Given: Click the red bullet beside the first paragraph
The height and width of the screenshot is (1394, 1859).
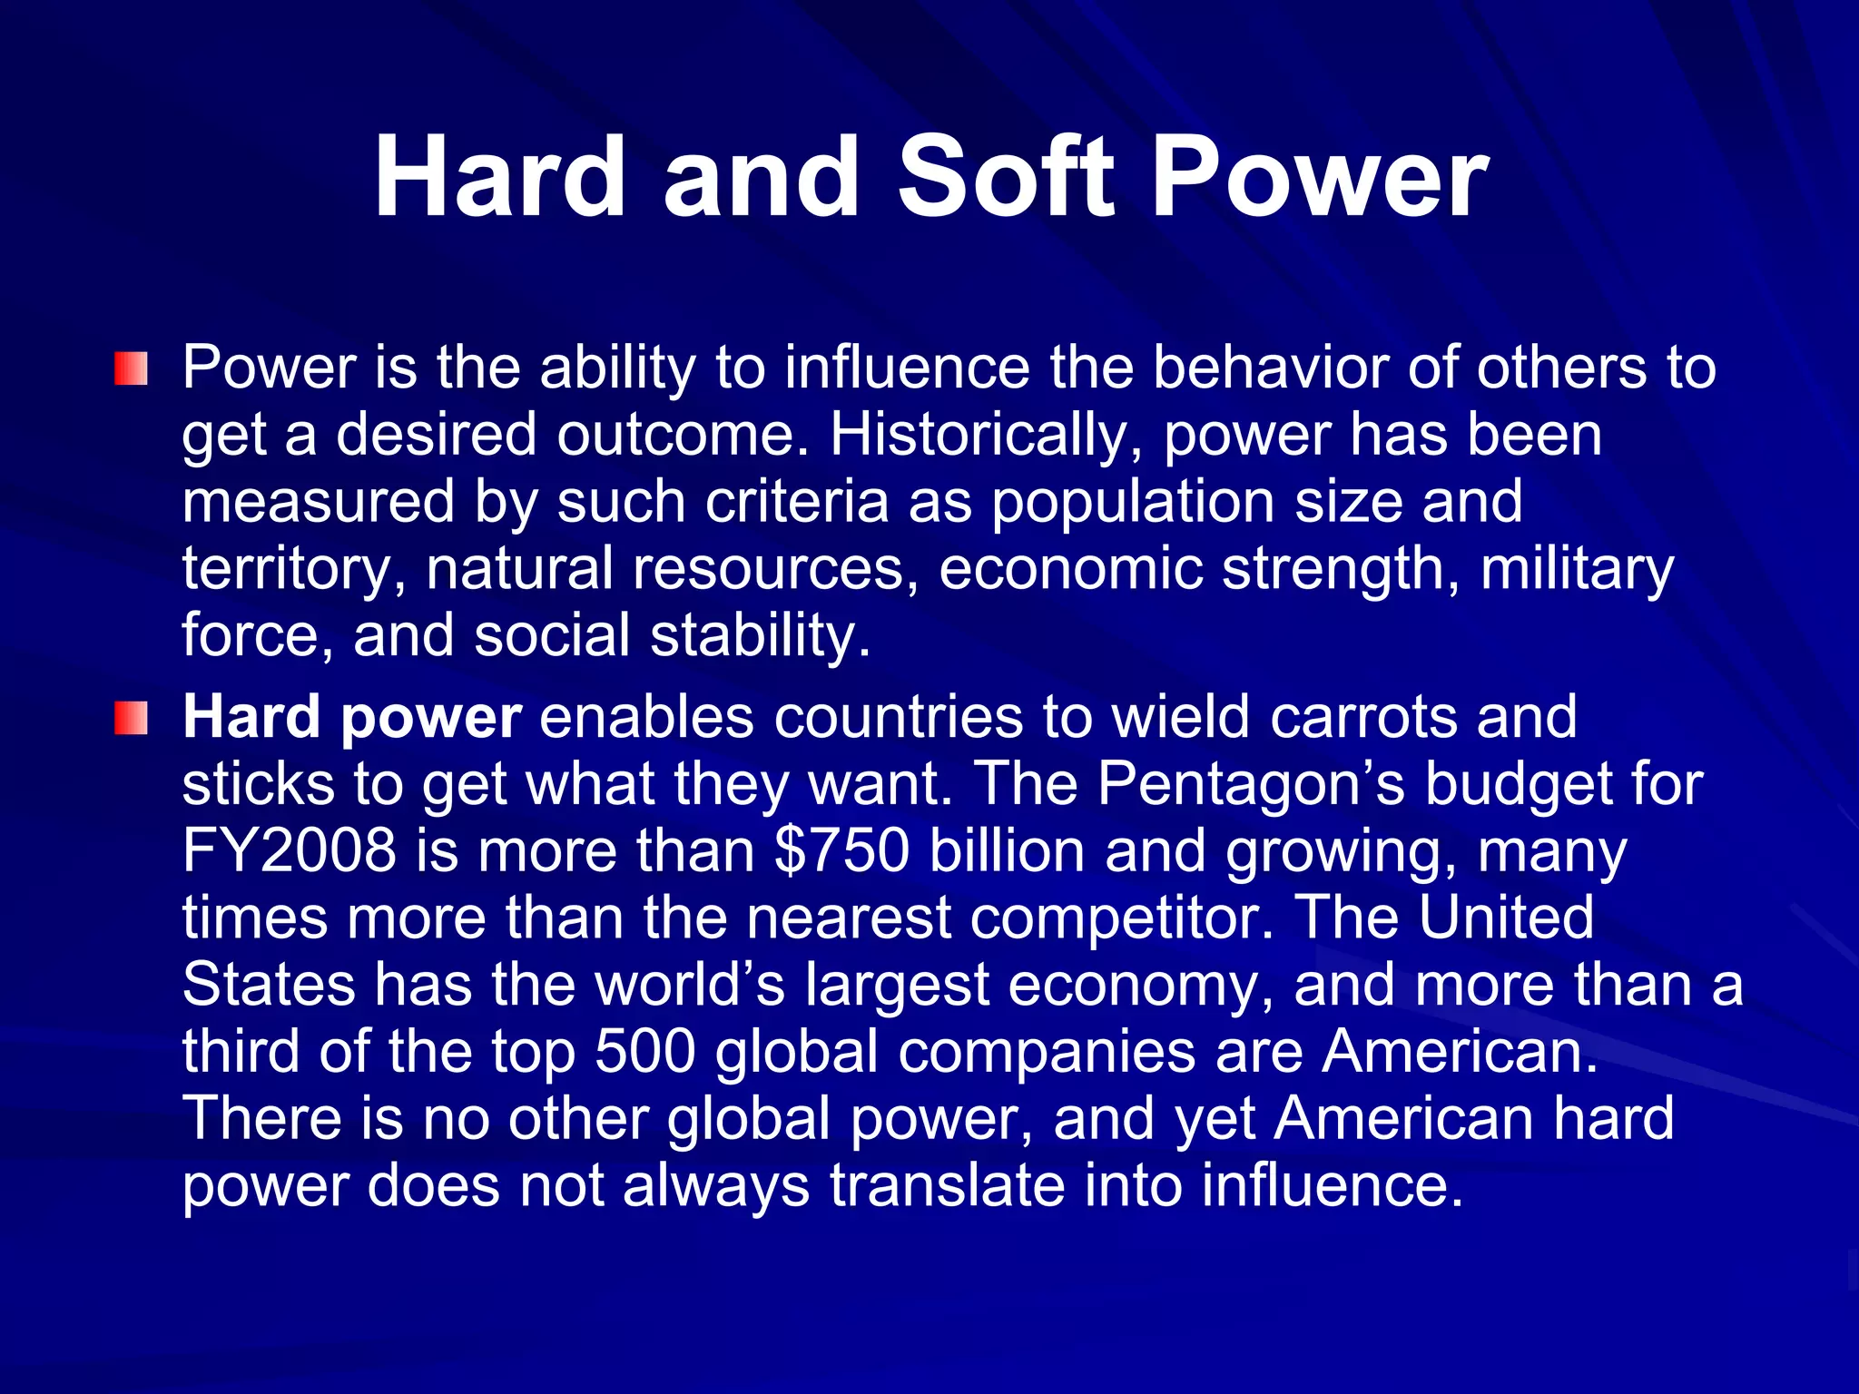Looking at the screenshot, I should pyautogui.click(x=131, y=369).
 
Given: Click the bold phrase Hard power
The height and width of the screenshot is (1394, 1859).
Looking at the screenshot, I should pyautogui.click(x=352, y=718).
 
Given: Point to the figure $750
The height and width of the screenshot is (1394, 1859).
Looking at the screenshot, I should pyautogui.click(x=841, y=851).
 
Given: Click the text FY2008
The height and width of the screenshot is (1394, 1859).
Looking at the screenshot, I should pyautogui.click(x=290, y=851).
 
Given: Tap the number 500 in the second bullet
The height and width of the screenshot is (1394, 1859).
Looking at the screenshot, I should pyautogui.click(x=644, y=1051).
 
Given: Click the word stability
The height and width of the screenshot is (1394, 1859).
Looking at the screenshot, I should pyautogui.click(x=761, y=635).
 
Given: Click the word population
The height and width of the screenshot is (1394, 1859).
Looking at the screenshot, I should pyautogui.click(x=1134, y=503).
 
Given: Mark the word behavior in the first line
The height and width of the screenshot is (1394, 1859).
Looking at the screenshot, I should pyautogui.click(x=1272, y=369).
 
